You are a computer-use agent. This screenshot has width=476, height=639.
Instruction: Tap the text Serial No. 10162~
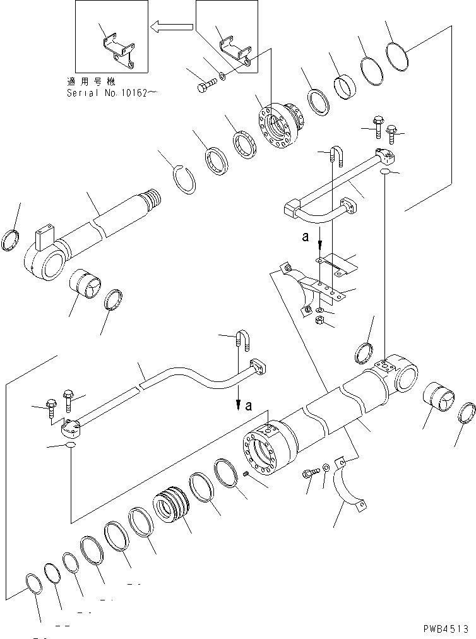pos(112,93)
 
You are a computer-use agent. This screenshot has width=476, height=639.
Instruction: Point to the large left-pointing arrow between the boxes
pos(171,27)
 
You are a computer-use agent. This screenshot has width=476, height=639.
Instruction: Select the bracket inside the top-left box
pos(118,51)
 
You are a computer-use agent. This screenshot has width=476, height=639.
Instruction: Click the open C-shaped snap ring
pos(186,182)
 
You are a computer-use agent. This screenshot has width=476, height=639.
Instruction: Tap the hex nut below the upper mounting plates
pos(320,321)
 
